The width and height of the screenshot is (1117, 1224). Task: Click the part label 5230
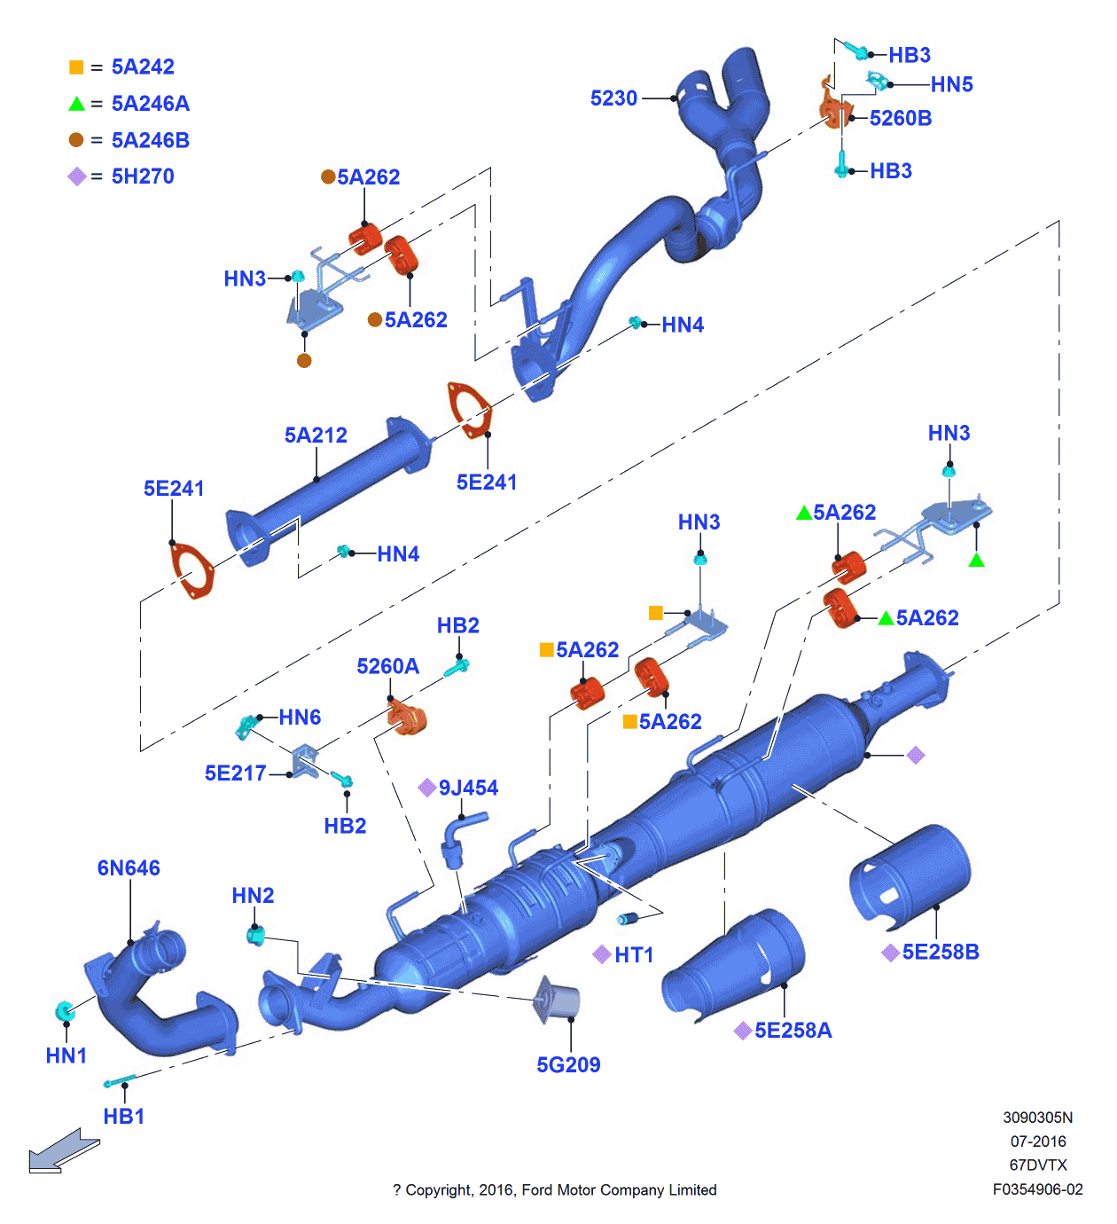(x=613, y=98)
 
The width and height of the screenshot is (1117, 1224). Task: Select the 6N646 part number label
(x=129, y=868)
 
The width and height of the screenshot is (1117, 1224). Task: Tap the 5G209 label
(x=568, y=1065)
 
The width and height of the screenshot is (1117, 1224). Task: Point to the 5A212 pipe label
(x=316, y=435)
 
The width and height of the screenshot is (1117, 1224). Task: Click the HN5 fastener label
(x=951, y=85)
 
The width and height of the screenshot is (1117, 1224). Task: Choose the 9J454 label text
(x=468, y=788)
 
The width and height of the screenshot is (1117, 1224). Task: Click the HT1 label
(x=634, y=955)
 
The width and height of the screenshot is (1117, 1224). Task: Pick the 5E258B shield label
(x=941, y=953)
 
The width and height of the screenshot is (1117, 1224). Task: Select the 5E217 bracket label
(x=235, y=773)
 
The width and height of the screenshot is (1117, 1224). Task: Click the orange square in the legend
(x=76, y=67)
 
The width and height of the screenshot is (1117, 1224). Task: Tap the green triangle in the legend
(x=76, y=104)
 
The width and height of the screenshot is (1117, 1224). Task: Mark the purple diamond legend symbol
(x=76, y=177)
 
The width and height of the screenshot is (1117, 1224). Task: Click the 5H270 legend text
(x=143, y=177)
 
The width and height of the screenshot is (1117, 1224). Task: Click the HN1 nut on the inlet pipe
(x=65, y=1011)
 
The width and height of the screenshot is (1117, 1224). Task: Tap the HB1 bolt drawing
(x=119, y=1081)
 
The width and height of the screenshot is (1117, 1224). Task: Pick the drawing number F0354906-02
(x=1037, y=1190)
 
